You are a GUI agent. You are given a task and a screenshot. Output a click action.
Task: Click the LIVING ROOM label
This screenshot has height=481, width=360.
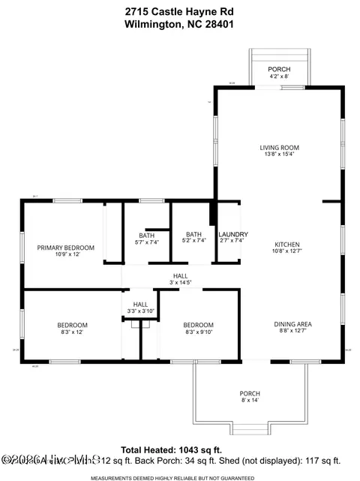(280, 148)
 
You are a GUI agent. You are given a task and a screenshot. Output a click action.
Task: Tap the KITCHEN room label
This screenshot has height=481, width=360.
(286, 245)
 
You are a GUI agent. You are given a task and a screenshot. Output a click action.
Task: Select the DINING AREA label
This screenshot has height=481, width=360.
(292, 324)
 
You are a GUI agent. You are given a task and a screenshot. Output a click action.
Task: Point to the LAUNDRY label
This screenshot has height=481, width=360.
(233, 234)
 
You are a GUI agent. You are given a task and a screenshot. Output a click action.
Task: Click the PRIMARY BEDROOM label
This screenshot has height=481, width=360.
(66, 248)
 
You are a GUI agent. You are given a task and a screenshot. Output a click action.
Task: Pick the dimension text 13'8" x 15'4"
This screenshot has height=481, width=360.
(280, 155)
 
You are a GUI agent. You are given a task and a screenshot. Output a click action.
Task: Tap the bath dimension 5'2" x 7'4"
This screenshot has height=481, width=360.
(193, 241)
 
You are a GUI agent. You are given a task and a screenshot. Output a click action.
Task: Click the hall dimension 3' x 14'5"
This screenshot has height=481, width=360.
(180, 283)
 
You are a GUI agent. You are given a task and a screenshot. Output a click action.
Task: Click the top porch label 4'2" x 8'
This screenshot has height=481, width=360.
(280, 76)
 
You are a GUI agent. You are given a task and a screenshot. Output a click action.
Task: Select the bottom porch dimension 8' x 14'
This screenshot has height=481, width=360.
(250, 401)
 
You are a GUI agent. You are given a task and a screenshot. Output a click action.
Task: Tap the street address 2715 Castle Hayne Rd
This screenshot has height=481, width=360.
(180, 11)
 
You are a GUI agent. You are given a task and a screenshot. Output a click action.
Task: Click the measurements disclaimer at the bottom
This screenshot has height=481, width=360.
(180, 476)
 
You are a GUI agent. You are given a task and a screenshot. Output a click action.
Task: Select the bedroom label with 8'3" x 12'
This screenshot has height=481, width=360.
(73, 325)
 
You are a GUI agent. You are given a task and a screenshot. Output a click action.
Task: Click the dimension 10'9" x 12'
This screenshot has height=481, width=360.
(67, 254)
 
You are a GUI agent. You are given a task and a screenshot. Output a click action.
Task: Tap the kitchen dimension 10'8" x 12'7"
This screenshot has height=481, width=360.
(286, 251)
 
